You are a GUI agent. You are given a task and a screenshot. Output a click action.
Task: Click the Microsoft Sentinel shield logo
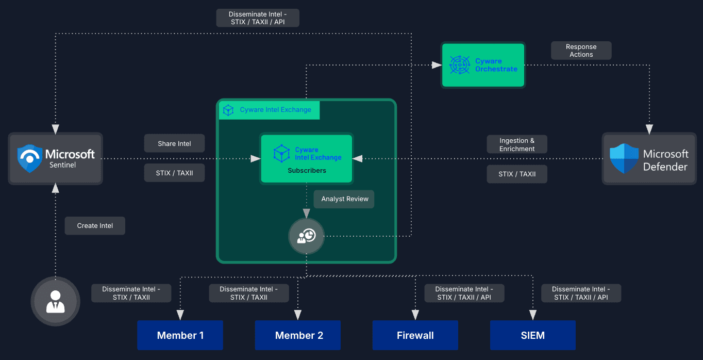click(x=29, y=158)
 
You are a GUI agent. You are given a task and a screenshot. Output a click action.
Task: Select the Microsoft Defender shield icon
click(x=624, y=159)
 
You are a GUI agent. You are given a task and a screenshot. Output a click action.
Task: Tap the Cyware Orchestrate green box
click(x=483, y=65)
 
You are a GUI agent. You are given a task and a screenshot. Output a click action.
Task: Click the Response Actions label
click(x=581, y=51)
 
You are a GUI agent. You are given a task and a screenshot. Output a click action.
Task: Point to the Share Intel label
click(x=174, y=143)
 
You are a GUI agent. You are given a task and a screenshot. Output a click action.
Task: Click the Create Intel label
click(x=95, y=225)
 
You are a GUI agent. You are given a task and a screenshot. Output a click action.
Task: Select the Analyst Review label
click(x=344, y=199)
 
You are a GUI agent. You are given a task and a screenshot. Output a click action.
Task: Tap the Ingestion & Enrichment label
click(x=516, y=144)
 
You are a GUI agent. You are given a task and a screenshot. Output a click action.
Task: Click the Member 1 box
click(x=180, y=335)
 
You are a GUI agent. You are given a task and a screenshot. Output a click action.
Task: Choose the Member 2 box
click(x=298, y=335)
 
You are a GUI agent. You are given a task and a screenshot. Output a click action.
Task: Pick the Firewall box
click(x=415, y=335)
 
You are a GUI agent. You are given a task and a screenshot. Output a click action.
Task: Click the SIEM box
click(x=532, y=335)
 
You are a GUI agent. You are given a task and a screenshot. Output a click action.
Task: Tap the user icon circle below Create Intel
click(x=56, y=301)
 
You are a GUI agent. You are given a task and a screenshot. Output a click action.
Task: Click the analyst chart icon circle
click(x=306, y=236)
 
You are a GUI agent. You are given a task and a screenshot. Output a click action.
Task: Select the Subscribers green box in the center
click(x=307, y=158)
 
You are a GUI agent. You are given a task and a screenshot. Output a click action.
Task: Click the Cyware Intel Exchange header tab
click(x=269, y=110)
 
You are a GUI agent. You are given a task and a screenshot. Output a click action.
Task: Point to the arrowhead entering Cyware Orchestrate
click(x=437, y=65)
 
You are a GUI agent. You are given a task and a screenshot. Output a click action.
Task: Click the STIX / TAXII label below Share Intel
click(x=174, y=173)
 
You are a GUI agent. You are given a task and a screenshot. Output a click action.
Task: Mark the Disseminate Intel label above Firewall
click(x=464, y=293)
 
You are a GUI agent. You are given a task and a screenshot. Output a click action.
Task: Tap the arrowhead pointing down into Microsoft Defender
click(x=649, y=129)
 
